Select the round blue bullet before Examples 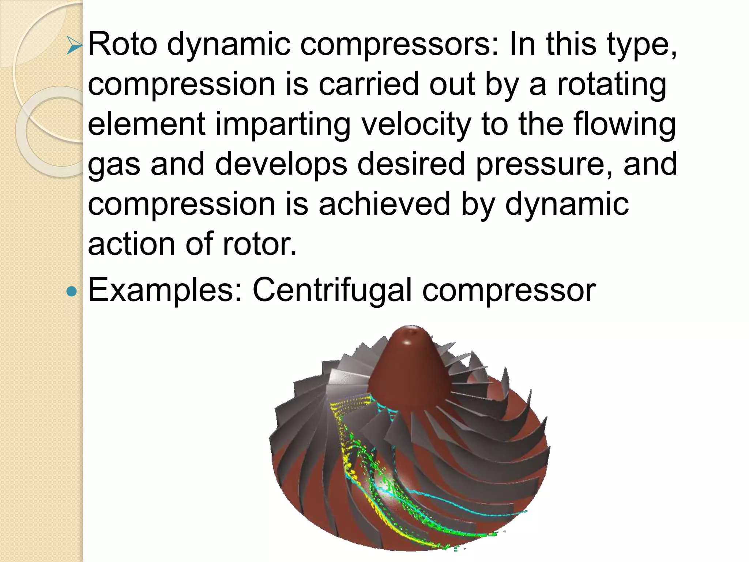click(72, 292)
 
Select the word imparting click(283, 124)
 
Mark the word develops click(281, 165)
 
